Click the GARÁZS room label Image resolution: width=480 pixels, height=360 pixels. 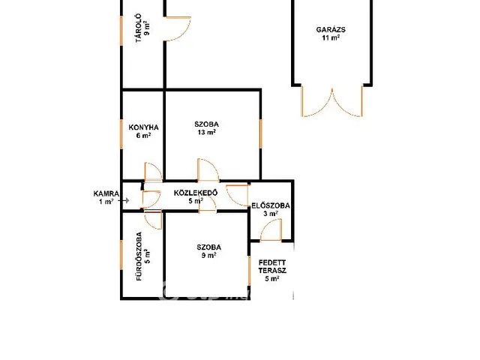pos(331,30)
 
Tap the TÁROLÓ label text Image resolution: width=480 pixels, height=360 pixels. pos(138,28)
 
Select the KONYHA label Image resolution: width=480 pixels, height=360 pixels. pos(143,127)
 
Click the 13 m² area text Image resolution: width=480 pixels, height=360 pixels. pos(207,132)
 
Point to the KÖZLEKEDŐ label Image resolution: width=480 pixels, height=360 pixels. pos(196,193)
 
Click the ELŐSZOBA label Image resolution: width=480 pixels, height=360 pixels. pos(271,205)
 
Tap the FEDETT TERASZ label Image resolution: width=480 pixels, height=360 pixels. pos(272,267)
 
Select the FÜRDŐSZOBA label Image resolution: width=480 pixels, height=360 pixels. pos(139,256)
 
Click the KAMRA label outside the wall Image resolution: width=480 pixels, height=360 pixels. pos(106,193)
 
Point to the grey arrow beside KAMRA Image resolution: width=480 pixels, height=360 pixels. pos(125,201)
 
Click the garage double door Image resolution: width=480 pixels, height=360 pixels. pos(332,101)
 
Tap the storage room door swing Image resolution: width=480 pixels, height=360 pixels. pos(178,28)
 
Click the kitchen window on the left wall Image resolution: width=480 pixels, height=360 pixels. pos(121,134)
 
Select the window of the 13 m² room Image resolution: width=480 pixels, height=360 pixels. pos(261,133)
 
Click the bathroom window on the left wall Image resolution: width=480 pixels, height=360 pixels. pos(121,255)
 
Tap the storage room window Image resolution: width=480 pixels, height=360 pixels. pos(121,31)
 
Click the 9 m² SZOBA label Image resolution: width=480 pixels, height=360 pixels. pos(209,251)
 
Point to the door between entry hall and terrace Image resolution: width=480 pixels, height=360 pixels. pos(271,230)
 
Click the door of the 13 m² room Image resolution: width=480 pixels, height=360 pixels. pos(208,170)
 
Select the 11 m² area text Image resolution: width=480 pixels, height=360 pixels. pos(331,37)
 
